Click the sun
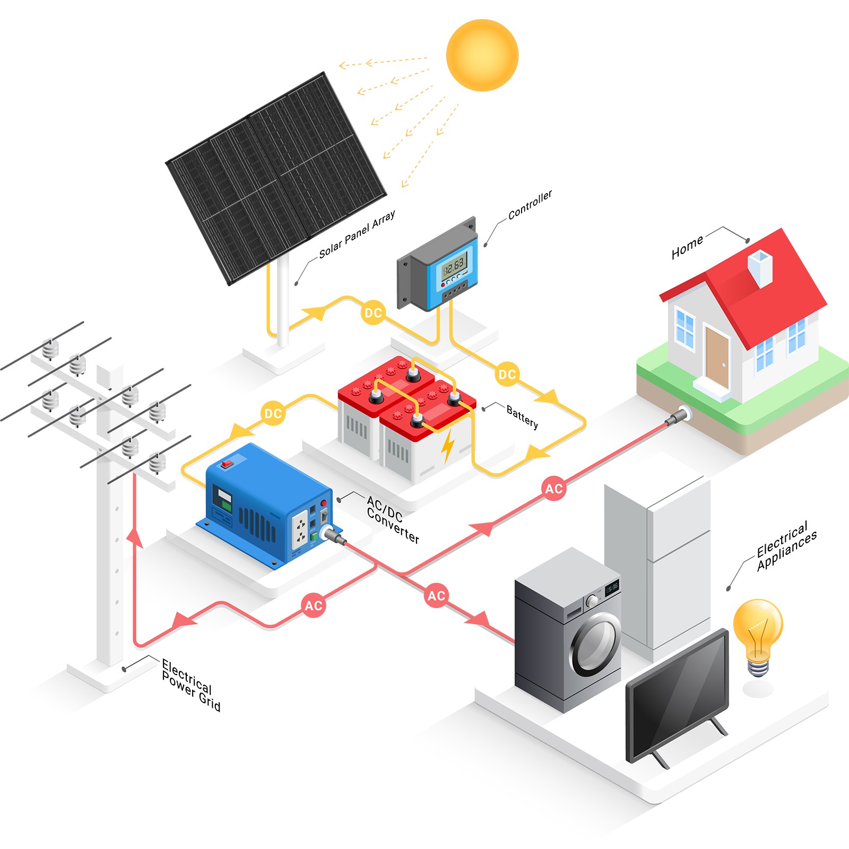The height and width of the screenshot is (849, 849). tap(482, 55)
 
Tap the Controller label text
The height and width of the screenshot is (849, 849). tap(530, 205)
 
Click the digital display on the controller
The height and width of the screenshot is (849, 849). tap(453, 264)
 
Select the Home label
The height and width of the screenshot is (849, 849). tap(687, 247)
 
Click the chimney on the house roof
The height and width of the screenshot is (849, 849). tap(760, 268)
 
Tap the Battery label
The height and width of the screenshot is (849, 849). tap(523, 417)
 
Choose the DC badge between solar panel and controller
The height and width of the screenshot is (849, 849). tap(373, 313)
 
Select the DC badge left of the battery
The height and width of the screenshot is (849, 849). tap(273, 413)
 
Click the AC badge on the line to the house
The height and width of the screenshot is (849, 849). tap(554, 489)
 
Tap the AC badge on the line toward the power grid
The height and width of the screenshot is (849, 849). tap(313, 605)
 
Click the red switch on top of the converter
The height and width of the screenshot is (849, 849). tap(228, 464)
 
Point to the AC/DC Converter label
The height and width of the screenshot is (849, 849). tap(393, 519)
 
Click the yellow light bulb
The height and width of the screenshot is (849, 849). tap(758, 637)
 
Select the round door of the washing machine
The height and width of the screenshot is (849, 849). tap(596, 644)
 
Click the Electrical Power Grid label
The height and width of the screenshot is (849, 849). tap(191, 685)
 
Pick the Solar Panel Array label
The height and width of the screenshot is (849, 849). tap(357, 234)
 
